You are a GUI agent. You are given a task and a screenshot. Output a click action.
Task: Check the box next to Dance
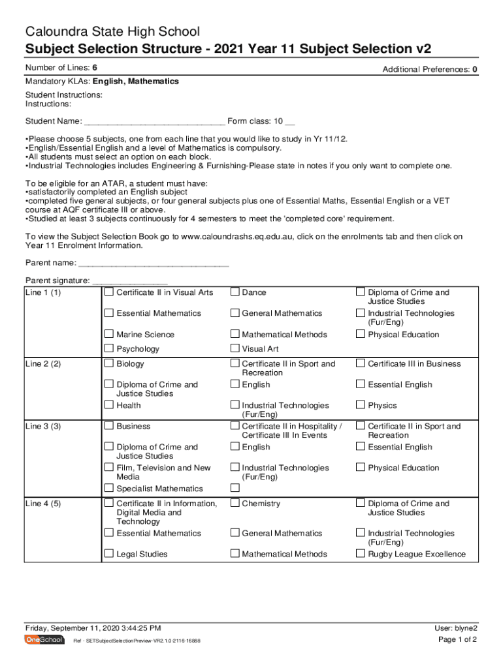click(x=235, y=292)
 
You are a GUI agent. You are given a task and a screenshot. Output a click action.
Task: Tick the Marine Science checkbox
click(x=109, y=334)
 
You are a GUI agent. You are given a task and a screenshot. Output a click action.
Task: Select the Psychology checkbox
click(x=109, y=348)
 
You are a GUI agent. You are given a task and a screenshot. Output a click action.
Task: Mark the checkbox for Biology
click(x=109, y=363)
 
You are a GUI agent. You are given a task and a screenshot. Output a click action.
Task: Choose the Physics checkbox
click(x=360, y=405)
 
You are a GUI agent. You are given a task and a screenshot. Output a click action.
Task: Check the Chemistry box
click(x=235, y=503)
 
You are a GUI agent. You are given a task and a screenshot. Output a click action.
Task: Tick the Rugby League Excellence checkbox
click(x=360, y=554)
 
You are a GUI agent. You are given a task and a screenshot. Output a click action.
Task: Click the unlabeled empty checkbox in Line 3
click(x=235, y=488)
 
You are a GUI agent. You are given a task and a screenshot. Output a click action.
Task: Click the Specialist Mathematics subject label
click(x=159, y=489)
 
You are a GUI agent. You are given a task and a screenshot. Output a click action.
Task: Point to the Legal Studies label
click(x=142, y=554)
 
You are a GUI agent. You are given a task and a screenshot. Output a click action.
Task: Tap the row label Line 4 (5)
click(x=43, y=504)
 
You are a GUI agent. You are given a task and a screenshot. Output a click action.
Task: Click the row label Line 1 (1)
click(x=43, y=293)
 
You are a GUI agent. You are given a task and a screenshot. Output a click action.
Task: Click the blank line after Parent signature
click(x=130, y=281)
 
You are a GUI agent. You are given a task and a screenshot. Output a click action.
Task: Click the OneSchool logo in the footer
click(x=44, y=640)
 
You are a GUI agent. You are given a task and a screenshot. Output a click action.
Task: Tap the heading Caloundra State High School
click(x=112, y=31)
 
